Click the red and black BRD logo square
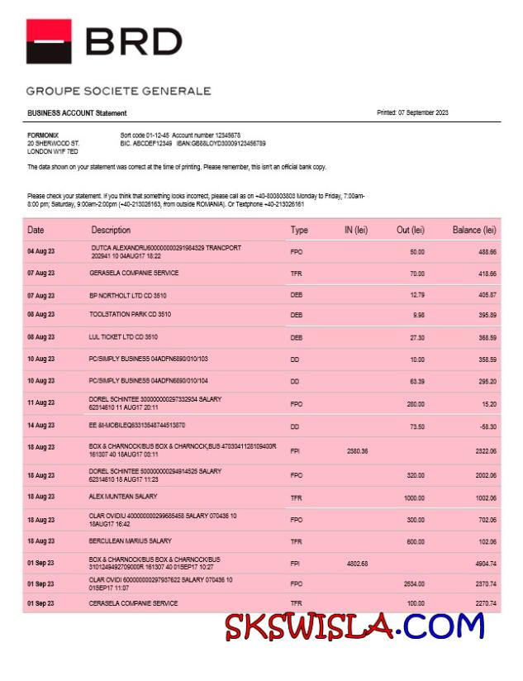(x=49, y=41)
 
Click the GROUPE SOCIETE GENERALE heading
(x=118, y=91)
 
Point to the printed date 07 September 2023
(x=412, y=112)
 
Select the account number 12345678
(x=223, y=135)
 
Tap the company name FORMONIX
(x=42, y=135)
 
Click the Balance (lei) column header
(x=474, y=230)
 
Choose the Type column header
(x=299, y=230)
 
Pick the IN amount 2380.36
(x=358, y=450)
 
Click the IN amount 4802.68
(x=358, y=564)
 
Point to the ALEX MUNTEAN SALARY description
(x=123, y=497)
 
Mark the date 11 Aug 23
(x=40, y=402)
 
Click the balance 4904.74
(x=483, y=564)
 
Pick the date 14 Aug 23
(x=40, y=425)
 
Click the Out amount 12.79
(x=416, y=294)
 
